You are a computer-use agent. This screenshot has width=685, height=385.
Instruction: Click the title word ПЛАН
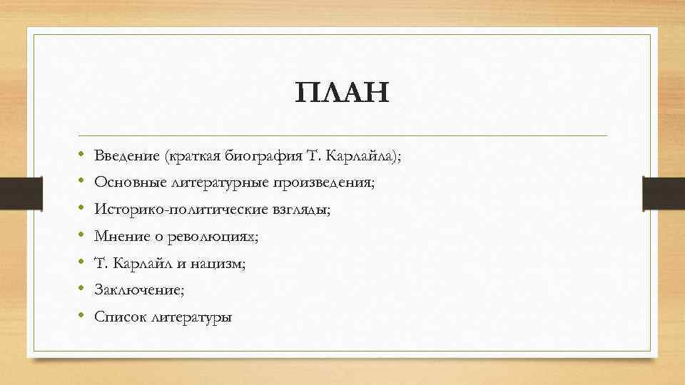pyautogui.click(x=342, y=93)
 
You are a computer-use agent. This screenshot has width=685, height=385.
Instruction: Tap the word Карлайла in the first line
pyautogui.click(x=362, y=155)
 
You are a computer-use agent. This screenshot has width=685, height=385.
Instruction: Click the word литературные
pyautogui.click(x=217, y=183)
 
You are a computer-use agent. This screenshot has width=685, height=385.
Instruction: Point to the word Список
pyautogui.click(x=120, y=317)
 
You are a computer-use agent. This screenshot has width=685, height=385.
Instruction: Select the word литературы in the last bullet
pyautogui.click(x=191, y=317)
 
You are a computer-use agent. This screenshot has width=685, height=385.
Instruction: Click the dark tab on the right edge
pyautogui.click(x=664, y=193)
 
